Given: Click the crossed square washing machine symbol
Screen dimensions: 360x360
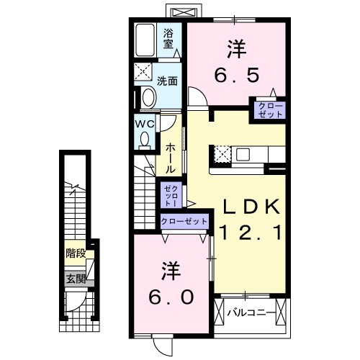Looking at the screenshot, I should (x=143, y=73).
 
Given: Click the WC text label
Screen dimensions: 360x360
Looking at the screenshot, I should (x=145, y=123).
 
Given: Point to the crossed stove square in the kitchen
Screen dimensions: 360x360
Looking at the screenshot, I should (x=222, y=154).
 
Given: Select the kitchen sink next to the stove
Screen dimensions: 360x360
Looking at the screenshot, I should (x=243, y=154).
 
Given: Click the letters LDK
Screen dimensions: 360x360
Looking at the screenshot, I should (x=247, y=207).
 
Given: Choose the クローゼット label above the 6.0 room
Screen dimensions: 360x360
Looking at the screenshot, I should (x=184, y=220).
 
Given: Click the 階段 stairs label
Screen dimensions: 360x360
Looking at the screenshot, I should (x=76, y=253).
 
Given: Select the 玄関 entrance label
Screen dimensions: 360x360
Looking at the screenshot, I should (x=76, y=279).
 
